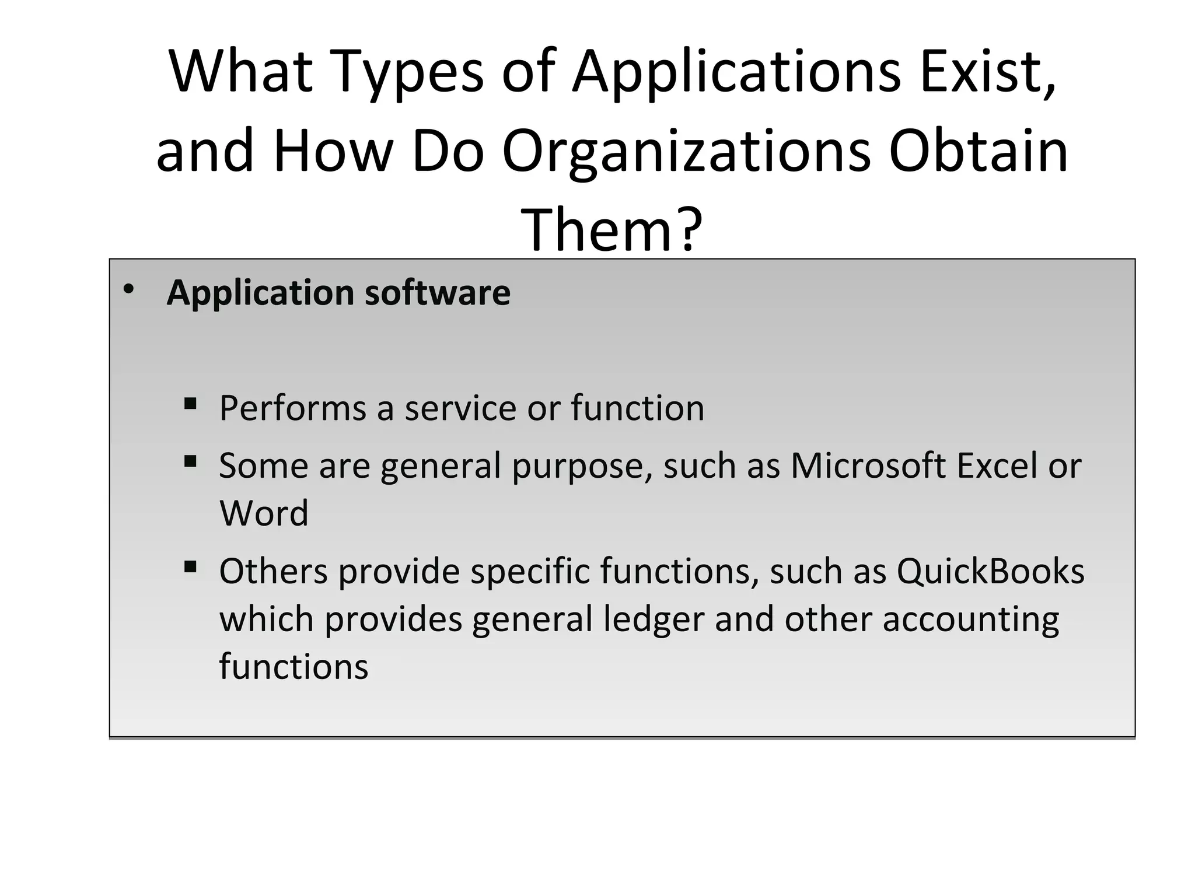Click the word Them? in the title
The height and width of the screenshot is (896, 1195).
pyautogui.click(x=612, y=229)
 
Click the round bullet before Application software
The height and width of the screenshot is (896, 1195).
pyautogui.click(x=129, y=289)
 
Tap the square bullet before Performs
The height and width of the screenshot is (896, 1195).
pyautogui.click(x=190, y=404)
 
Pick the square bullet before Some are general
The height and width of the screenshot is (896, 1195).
pyautogui.click(x=190, y=462)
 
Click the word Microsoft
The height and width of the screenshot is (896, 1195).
pyautogui.click(x=868, y=466)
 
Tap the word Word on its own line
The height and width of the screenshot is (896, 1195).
pyautogui.click(x=264, y=513)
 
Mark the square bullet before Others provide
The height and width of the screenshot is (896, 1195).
pyautogui.click(x=190, y=567)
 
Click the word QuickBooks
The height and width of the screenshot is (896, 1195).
pyautogui.click(x=990, y=571)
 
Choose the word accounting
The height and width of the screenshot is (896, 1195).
pyautogui.click(x=970, y=619)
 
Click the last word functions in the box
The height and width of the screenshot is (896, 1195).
pyautogui.click(x=293, y=666)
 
